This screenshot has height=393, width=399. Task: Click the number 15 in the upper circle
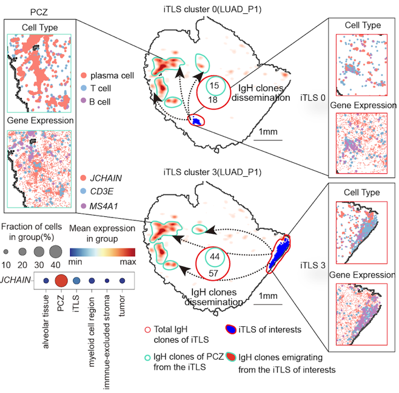coord(214,86)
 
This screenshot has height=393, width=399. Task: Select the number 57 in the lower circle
coord(213,273)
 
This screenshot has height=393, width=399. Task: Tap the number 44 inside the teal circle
coord(215,257)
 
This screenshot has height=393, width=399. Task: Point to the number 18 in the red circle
coord(213,100)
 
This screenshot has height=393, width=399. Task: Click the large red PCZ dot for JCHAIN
coord(61,281)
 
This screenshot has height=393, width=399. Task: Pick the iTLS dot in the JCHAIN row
coord(76,281)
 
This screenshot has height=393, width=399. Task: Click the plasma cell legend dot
coord(84,75)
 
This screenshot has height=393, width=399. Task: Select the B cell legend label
coord(99,101)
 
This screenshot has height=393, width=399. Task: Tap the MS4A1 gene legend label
coord(104,206)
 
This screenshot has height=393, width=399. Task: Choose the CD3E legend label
coord(102,191)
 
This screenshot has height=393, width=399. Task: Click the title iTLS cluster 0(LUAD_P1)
coord(212,10)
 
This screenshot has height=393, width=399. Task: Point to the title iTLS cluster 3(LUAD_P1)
coord(212,173)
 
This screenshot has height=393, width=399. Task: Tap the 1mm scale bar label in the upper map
coord(268,132)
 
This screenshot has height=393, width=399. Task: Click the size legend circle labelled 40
coord(56,252)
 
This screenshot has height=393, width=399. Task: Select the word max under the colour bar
coord(128,262)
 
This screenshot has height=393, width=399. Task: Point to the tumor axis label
coord(122,306)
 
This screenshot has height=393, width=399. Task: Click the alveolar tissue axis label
coord(46,322)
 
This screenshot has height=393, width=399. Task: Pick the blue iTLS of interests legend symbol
coord(231,329)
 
